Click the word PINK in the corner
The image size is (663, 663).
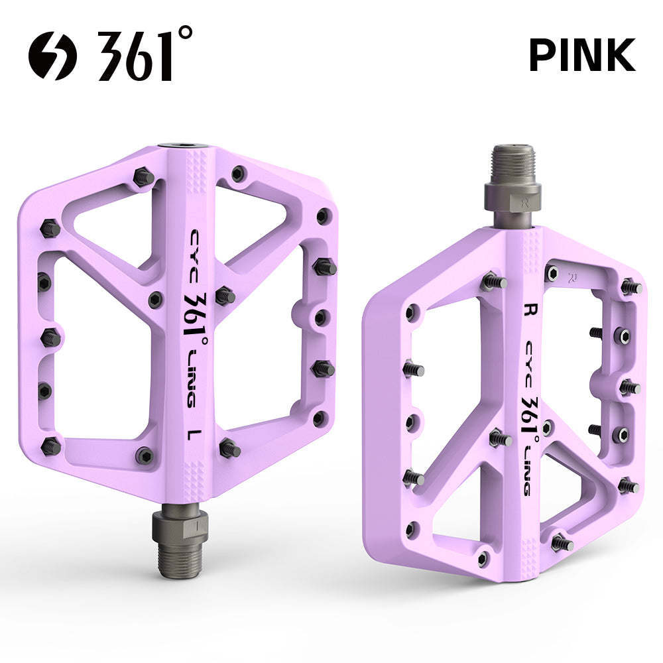(x=582, y=54)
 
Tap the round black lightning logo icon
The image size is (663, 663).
(x=52, y=56)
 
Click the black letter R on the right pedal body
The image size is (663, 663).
(x=528, y=309)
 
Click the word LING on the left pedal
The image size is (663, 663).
(x=192, y=377)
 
